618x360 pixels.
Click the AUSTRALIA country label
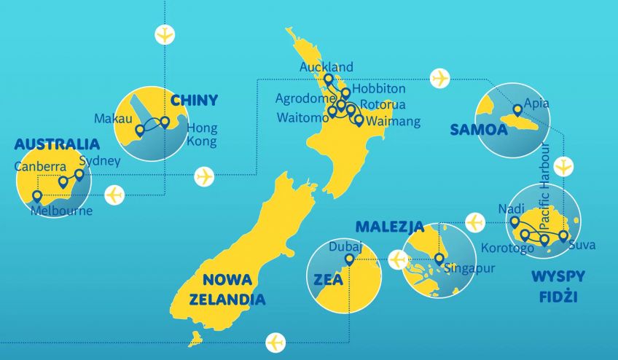click(57, 144)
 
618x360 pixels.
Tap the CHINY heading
click(194, 100)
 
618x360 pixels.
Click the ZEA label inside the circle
click(328, 280)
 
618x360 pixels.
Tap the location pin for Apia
click(517, 111)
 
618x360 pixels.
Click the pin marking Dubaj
click(349, 259)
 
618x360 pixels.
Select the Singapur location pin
click(439, 258)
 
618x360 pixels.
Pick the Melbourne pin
click(37, 196)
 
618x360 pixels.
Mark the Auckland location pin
click(328, 79)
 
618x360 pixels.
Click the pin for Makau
click(139, 130)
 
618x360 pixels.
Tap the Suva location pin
click(563, 235)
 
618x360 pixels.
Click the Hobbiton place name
click(378, 88)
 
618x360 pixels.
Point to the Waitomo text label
click(300, 117)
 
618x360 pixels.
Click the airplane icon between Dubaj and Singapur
click(398, 259)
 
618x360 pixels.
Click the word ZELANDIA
click(227, 299)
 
